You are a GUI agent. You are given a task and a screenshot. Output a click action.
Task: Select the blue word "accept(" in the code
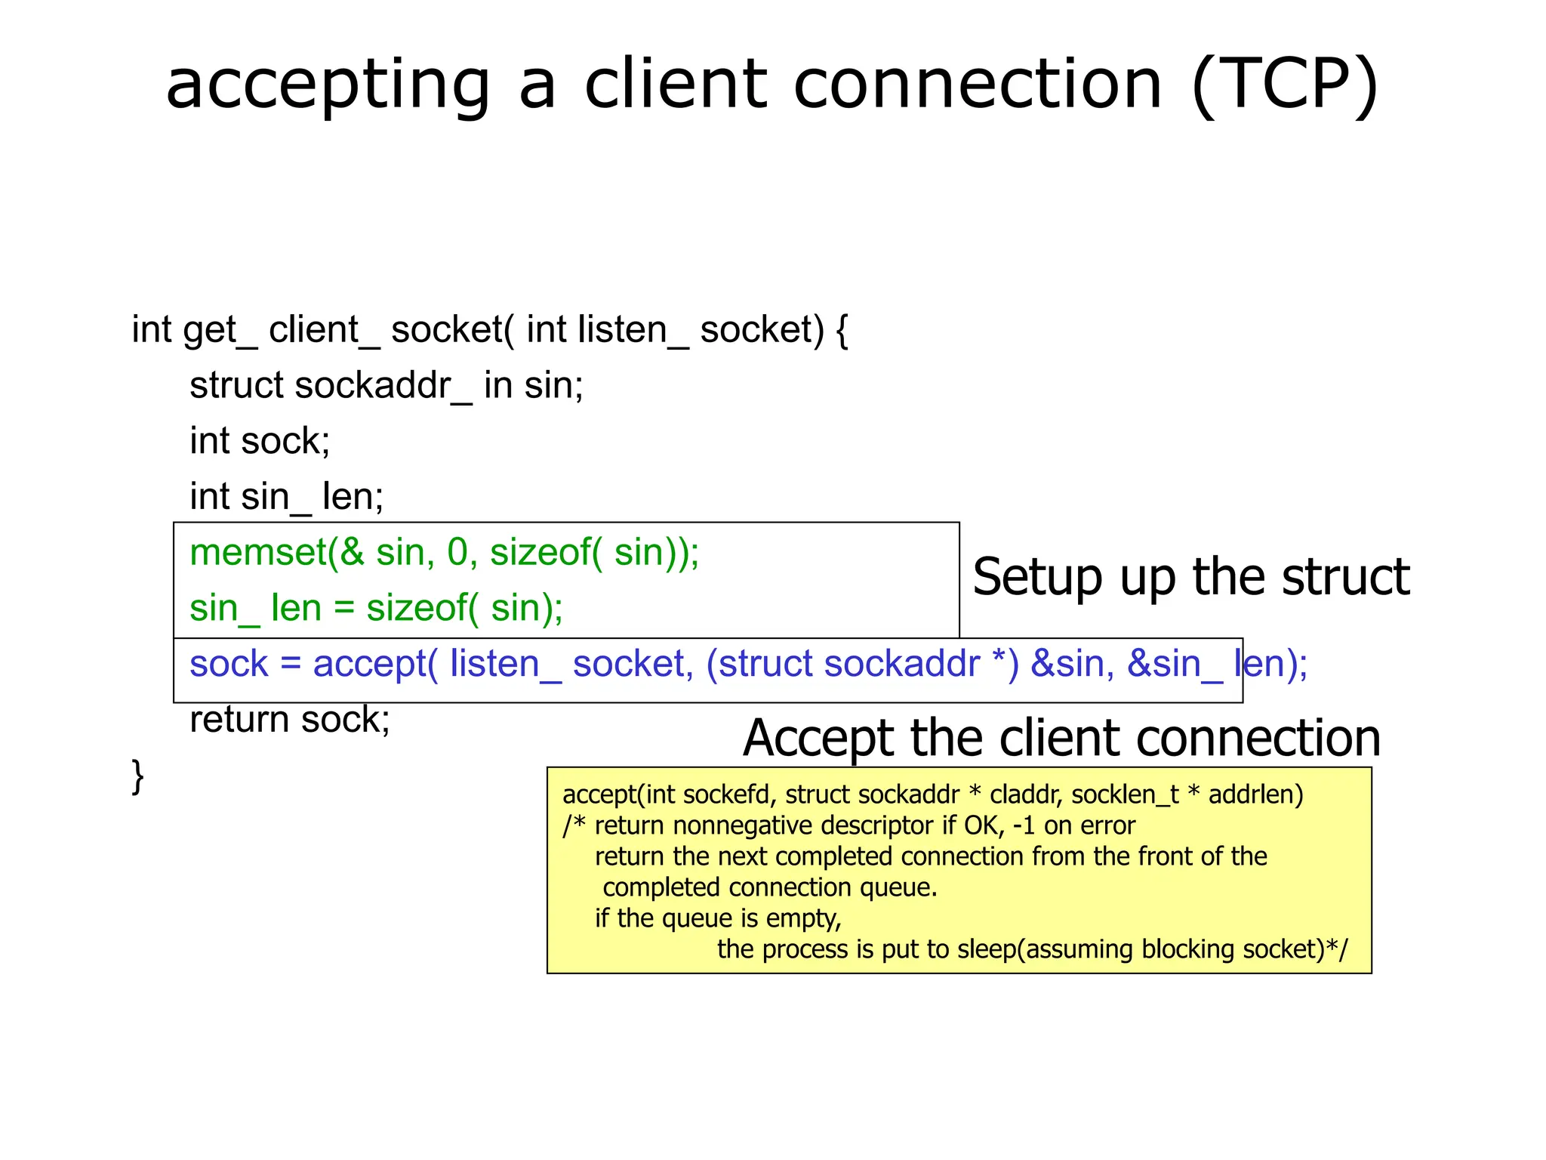[375, 664]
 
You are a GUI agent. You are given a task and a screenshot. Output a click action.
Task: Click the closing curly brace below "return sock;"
[137, 776]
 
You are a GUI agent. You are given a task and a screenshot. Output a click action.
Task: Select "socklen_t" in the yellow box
[1125, 794]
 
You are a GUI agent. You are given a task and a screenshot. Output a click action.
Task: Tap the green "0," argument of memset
[462, 552]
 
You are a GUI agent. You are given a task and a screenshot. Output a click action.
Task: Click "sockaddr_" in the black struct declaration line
[383, 386]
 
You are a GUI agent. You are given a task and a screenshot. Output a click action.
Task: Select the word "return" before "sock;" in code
[239, 720]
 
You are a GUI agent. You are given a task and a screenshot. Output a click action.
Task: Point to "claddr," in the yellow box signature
[1026, 794]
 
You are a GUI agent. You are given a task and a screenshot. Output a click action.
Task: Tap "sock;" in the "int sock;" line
[285, 441]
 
